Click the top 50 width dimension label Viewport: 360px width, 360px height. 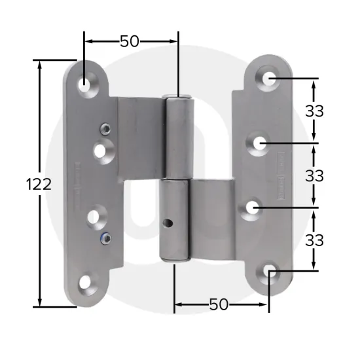[129, 41]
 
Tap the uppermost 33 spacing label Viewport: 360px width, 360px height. [315, 111]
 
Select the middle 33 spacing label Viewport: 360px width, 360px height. [315, 175]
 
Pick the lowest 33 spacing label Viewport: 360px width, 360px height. [315, 240]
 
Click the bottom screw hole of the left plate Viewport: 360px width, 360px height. [86, 283]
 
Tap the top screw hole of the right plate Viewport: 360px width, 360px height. [269, 78]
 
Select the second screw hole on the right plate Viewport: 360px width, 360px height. [260, 142]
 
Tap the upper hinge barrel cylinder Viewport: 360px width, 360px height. [177, 137]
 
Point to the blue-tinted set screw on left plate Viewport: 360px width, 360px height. [103, 236]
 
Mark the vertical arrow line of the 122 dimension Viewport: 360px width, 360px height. [41, 249]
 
